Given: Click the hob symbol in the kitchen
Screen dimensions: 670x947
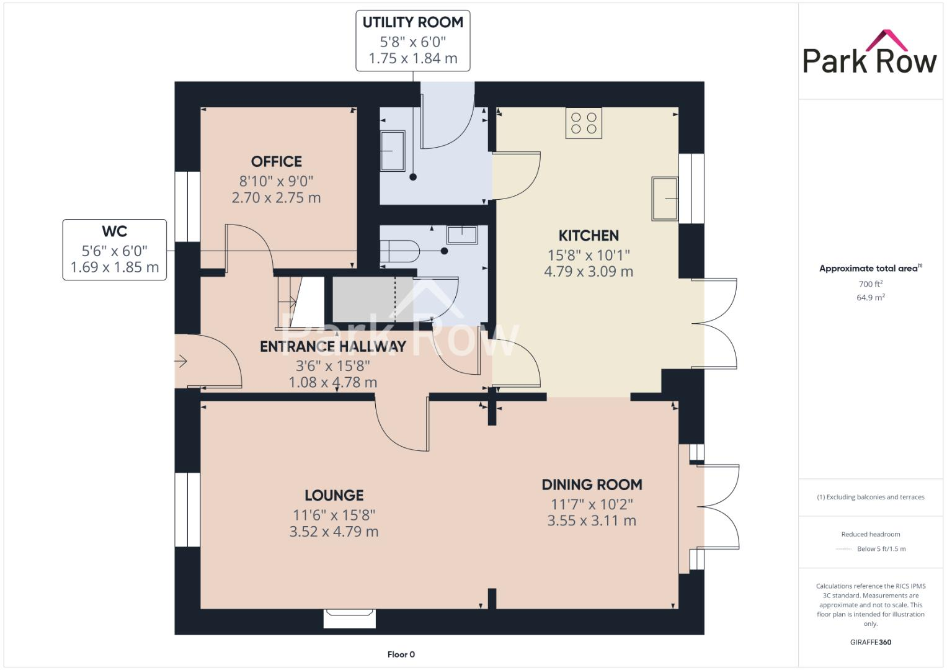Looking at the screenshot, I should [584, 123].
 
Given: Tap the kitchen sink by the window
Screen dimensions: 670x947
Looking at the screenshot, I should [664, 199].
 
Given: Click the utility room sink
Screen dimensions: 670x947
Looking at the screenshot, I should [392, 151].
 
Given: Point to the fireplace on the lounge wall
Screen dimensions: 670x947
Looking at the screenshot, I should [350, 619].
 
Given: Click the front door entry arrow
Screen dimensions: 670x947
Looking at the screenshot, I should [181, 361].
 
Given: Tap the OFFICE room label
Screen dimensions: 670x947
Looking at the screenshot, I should [277, 162].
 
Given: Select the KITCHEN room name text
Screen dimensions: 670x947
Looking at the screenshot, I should [589, 236].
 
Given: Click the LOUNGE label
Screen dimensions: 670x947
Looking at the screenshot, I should [334, 495].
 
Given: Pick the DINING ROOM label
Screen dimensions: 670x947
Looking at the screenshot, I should [592, 485].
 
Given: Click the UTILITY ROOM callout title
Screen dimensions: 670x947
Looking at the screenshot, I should [412, 23].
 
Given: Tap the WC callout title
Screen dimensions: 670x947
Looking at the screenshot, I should [114, 231].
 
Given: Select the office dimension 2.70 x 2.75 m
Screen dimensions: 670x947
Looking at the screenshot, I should [277, 198].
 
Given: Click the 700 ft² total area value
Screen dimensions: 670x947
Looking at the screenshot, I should [870, 284].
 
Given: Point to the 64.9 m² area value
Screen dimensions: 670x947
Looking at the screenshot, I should [870, 298].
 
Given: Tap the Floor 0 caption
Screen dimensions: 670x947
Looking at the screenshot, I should [401, 654].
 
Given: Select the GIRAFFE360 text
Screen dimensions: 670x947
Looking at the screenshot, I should [870, 642].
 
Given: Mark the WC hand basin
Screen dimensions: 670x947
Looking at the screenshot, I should [462, 234].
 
